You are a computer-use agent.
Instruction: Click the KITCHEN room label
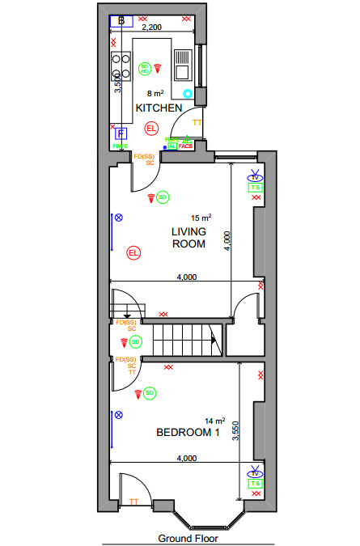coord(158,108)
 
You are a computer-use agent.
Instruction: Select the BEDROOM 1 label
coord(188,433)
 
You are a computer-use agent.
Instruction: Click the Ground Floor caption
coord(188,537)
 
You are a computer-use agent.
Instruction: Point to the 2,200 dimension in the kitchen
coord(152,27)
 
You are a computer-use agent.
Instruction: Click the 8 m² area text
coord(155,94)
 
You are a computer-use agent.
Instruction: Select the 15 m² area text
coord(201,218)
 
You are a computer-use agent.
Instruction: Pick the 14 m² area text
coord(214,421)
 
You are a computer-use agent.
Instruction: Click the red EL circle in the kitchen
coord(151,129)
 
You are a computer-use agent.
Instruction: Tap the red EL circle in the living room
coord(133,253)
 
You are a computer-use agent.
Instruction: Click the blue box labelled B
coord(121,20)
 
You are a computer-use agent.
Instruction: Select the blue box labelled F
coord(121,133)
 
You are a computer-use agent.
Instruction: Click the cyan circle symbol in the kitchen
coord(188,94)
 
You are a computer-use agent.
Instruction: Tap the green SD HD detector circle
coord(145,69)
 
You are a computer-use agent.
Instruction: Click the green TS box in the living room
coord(255,188)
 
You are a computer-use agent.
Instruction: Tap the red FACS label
coord(185,146)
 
